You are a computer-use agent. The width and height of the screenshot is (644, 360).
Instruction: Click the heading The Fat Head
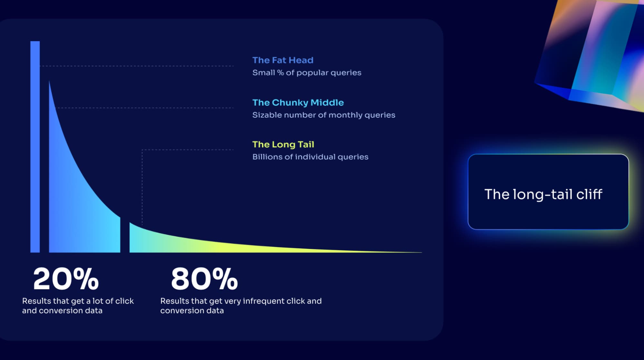click(x=283, y=60)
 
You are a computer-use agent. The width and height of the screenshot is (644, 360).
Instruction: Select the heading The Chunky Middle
click(x=298, y=103)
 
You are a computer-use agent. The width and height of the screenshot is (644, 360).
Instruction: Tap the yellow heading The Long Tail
click(x=283, y=145)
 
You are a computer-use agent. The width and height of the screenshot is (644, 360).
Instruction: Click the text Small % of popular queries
click(x=307, y=73)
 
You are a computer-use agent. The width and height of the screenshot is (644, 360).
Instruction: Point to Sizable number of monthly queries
click(x=324, y=115)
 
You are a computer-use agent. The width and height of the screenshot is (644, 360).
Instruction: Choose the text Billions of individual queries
click(x=310, y=157)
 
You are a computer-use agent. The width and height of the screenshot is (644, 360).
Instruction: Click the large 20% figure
click(x=66, y=279)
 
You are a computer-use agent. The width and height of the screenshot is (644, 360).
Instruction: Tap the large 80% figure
click(x=204, y=279)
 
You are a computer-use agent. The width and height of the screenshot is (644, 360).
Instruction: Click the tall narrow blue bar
click(x=35, y=147)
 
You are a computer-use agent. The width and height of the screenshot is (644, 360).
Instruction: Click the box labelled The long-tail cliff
click(x=548, y=192)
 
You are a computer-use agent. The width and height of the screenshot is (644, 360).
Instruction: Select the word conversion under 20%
click(x=62, y=311)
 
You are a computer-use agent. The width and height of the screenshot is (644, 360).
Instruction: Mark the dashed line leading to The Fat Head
click(x=137, y=66)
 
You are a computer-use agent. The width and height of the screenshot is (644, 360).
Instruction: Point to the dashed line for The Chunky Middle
click(x=145, y=108)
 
